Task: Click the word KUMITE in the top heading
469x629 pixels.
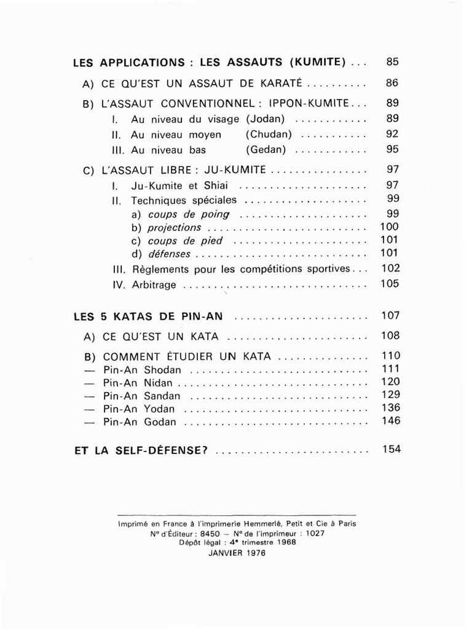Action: pos(317,63)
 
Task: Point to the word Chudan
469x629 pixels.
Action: pos(269,134)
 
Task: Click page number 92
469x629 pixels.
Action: pos(393,134)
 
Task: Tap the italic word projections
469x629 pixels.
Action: pos(175,227)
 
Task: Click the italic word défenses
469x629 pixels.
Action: pos(169,254)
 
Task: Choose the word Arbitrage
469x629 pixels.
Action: pos(154,285)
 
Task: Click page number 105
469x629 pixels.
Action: pos(390,284)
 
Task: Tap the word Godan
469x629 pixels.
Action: pos(160,423)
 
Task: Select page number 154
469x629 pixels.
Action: pos(391,449)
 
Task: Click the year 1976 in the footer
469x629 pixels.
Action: pos(254,552)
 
